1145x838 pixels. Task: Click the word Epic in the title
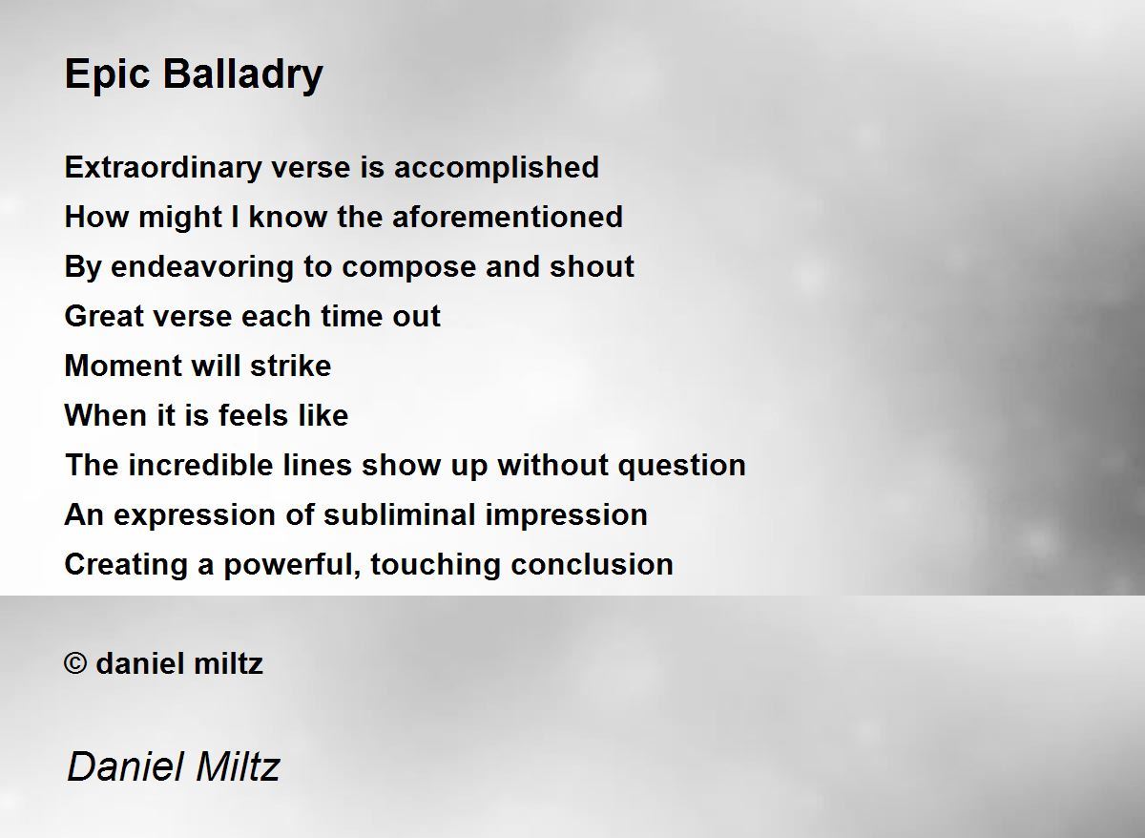(107, 75)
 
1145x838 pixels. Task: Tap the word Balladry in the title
(242, 75)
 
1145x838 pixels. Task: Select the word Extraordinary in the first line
(163, 168)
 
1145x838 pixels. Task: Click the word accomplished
(496, 168)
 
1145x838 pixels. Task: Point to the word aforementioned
(508, 217)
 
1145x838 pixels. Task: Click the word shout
(592, 267)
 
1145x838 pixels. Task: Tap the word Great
(104, 316)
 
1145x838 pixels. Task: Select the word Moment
(123, 367)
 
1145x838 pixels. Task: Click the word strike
(290, 367)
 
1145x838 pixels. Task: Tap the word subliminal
(400, 514)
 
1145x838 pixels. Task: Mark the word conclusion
(592, 565)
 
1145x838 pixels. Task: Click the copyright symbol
(75, 663)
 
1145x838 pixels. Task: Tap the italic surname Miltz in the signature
(238, 767)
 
